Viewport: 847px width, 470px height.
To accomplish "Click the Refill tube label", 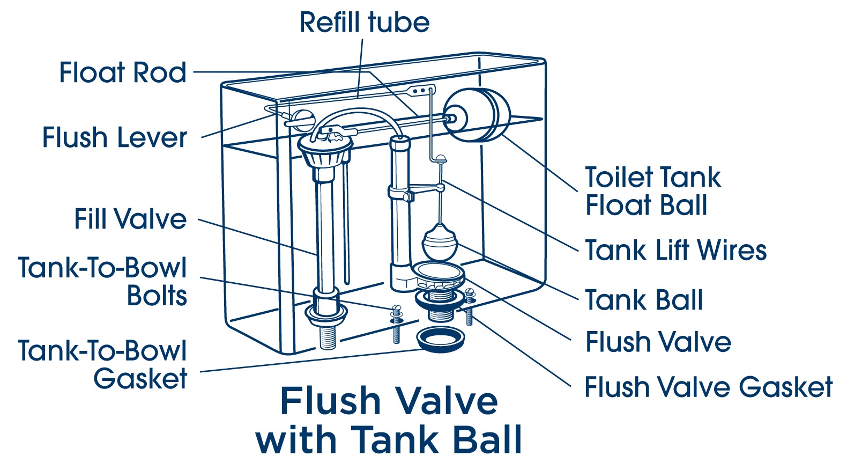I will [x=364, y=23].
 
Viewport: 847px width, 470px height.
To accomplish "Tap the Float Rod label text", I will [x=123, y=72].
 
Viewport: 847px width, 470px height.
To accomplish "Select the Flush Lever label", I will [x=114, y=137].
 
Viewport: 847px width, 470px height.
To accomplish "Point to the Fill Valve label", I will [x=130, y=219].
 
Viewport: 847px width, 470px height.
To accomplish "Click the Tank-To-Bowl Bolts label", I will [x=103, y=282].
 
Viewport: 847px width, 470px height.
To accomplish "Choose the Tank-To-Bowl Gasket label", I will [x=103, y=364].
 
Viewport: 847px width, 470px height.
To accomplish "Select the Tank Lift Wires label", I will [x=675, y=251].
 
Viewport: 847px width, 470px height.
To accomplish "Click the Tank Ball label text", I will [x=644, y=300].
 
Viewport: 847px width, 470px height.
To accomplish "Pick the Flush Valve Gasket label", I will [x=708, y=387].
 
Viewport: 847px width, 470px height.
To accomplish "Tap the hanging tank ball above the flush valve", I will [x=440, y=244].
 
